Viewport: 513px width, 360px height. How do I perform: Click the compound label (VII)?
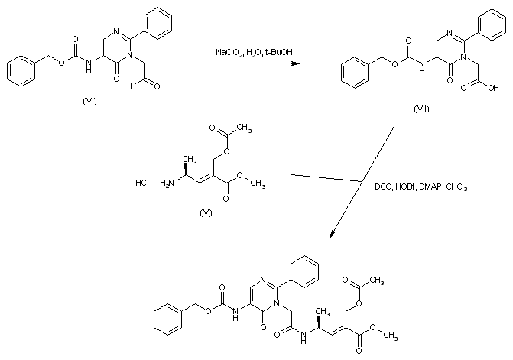421,108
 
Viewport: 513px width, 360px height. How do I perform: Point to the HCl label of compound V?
141,183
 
